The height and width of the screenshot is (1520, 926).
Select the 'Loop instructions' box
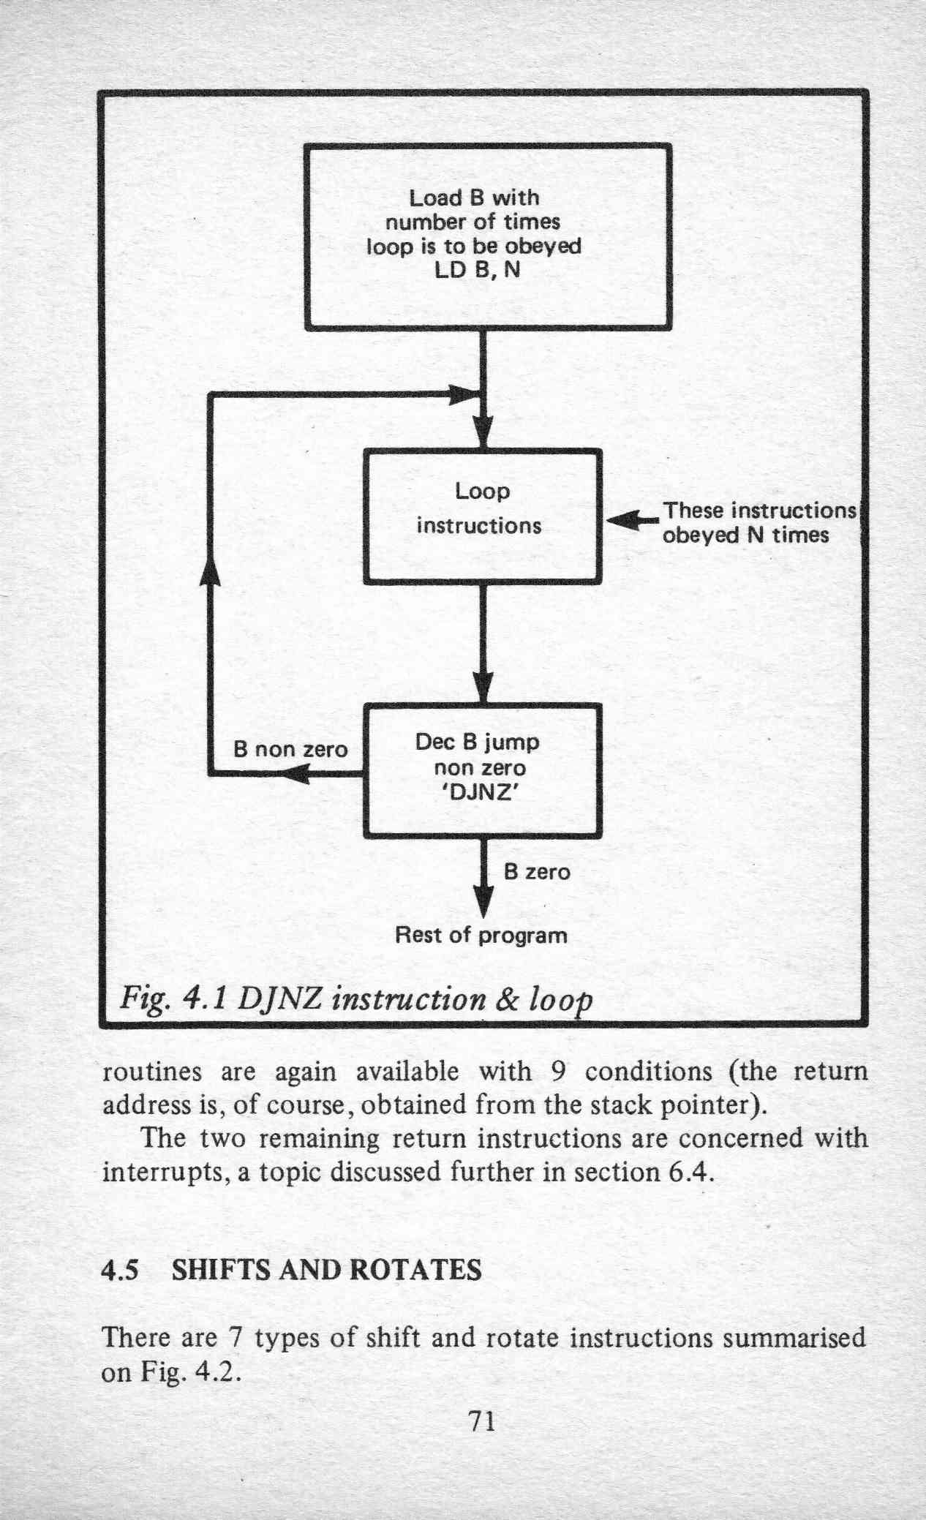(x=483, y=516)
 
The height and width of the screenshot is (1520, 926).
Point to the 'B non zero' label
(x=290, y=750)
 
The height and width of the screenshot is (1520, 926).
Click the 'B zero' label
(x=537, y=872)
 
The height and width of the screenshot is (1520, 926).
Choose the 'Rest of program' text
(x=481, y=936)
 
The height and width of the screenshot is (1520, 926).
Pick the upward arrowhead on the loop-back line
(x=211, y=568)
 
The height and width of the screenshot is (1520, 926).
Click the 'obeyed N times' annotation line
(x=745, y=535)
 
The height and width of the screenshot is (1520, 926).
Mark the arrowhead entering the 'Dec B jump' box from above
(x=482, y=688)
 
